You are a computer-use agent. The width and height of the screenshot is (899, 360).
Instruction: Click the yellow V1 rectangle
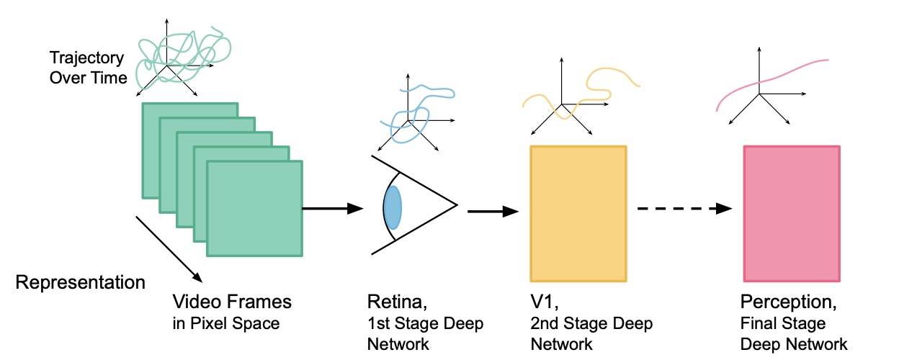pos(578,212)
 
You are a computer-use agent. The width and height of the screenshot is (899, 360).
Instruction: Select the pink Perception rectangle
pos(791,213)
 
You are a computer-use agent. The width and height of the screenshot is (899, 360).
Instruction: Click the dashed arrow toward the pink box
pos(684,209)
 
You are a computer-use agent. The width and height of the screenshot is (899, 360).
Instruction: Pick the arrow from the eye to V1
pos(493,212)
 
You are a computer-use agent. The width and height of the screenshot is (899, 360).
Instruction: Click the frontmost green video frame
pos(254,208)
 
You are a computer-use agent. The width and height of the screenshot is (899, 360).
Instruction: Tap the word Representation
pos(80,282)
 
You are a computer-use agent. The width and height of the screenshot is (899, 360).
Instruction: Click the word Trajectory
pos(87,58)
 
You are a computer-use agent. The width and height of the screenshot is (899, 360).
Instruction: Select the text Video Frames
pos(232,300)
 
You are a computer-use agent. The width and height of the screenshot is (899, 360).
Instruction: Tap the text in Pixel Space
pos(225,323)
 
